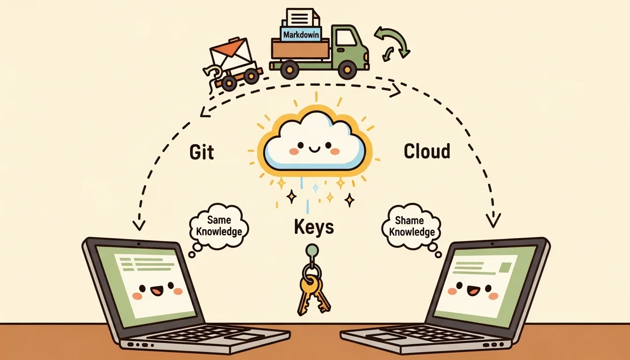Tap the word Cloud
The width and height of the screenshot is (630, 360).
(427, 151)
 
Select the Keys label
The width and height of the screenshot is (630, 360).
(314, 227)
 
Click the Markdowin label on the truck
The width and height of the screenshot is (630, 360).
(301, 34)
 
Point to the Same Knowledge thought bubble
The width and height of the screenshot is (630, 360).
(219, 226)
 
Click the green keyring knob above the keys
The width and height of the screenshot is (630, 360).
(312, 250)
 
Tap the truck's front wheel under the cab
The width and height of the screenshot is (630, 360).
(348, 70)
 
